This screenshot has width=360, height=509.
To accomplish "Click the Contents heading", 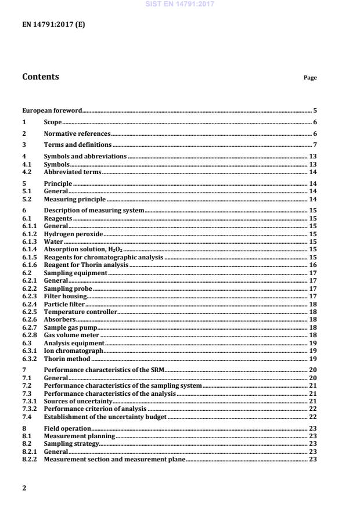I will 40,77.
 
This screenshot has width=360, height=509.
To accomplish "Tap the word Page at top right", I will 310,78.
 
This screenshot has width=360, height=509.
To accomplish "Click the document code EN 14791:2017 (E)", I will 53,25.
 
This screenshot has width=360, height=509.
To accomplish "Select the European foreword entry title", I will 52,110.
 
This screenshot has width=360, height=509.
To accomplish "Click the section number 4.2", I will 28,172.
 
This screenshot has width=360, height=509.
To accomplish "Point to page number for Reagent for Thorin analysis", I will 312,265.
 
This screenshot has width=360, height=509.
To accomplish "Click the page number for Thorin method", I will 312,359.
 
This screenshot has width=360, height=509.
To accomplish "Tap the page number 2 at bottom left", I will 24,488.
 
